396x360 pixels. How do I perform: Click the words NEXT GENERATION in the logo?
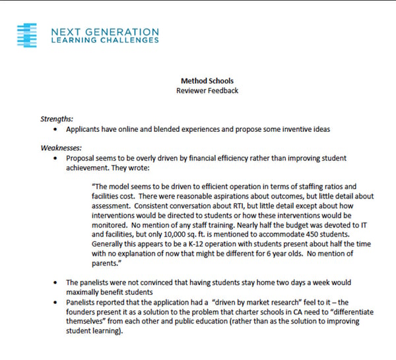104,31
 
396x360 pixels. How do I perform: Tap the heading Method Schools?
198,79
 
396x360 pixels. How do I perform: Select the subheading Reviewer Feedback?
198,90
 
